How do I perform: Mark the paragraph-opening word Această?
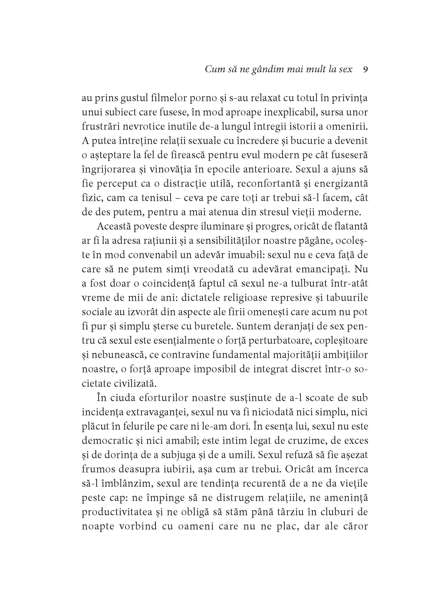pos(114,226)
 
